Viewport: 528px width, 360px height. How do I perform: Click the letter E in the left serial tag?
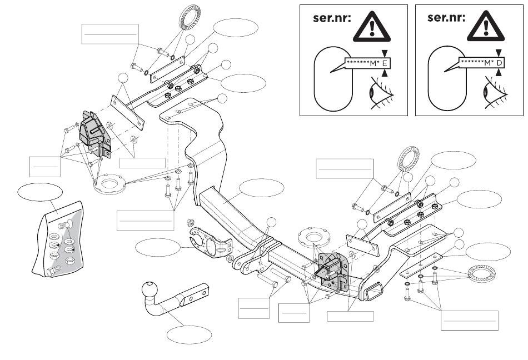click(383, 63)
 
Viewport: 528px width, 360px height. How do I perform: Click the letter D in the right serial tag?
click(499, 63)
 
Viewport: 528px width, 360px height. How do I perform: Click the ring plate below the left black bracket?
click(111, 185)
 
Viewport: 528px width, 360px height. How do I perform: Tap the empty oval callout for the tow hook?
click(190, 334)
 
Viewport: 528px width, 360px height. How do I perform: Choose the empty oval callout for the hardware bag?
click(40, 192)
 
